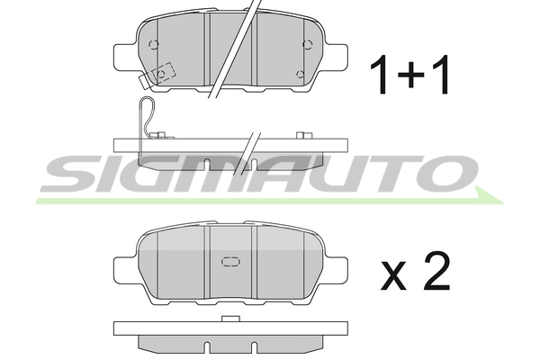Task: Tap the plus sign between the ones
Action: pyautogui.click(x=410, y=74)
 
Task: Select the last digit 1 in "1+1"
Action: pyautogui.click(x=441, y=75)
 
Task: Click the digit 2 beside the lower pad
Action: pyautogui.click(x=436, y=271)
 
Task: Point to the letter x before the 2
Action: pyautogui.click(x=393, y=274)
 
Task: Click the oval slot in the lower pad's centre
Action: pyautogui.click(x=230, y=262)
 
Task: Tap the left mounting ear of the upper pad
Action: pyautogui.click(x=125, y=56)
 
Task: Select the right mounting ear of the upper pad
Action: pyautogui.click(x=336, y=56)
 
